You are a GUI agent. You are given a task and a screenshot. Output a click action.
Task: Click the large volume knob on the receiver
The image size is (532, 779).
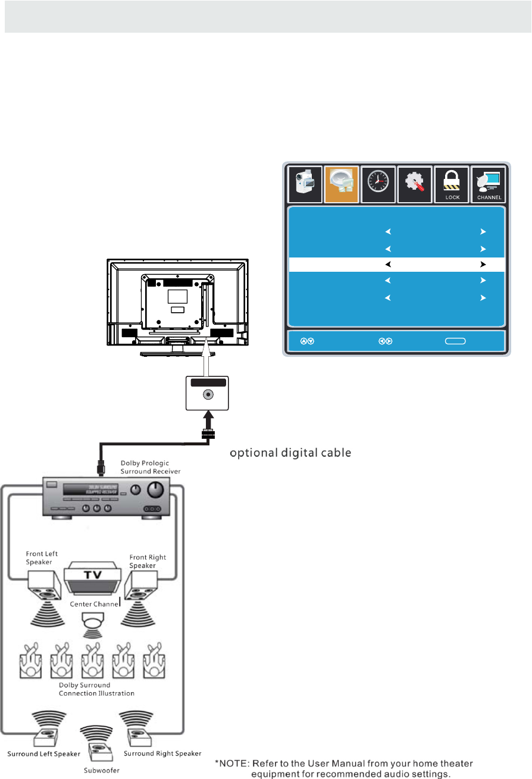[x=155, y=489]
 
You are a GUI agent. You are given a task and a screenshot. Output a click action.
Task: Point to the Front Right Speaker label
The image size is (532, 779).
[x=148, y=561]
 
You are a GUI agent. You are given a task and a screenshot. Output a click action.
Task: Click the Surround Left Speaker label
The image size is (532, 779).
[x=43, y=755]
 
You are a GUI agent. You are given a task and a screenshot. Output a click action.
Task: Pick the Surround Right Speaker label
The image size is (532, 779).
[x=162, y=754]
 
